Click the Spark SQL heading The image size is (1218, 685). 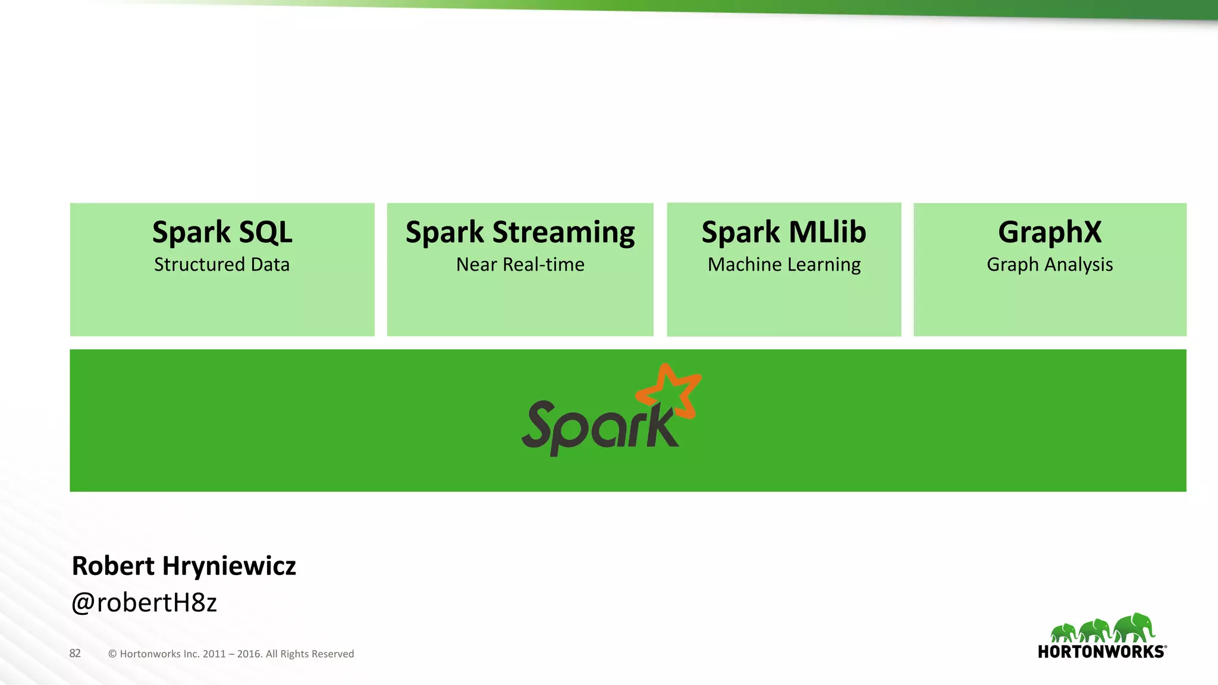click(x=222, y=232)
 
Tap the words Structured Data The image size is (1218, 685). click(x=222, y=265)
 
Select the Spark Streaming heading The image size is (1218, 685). click(x=520, y=232)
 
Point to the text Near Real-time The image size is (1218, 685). click(x=520, y=265)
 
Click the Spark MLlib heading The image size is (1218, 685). click(x=784, y=232)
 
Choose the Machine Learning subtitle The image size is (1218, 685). click(x=784, y=265)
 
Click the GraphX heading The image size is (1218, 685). click(x=1050, y=232)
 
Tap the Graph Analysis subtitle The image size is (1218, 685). click(x=1050, y=265)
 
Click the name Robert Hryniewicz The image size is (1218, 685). click(x=184, y=566)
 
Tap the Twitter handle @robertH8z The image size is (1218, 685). click(x=144, y=603)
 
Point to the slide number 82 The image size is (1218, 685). click(x=75, y=653)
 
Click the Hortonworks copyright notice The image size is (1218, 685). click(x=231, y=654)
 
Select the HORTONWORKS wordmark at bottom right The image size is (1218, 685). click(x=1101, y=652)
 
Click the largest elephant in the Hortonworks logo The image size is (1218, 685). click(x=1134, y=628)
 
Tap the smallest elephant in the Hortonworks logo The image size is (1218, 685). click(x=1063, y=633)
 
